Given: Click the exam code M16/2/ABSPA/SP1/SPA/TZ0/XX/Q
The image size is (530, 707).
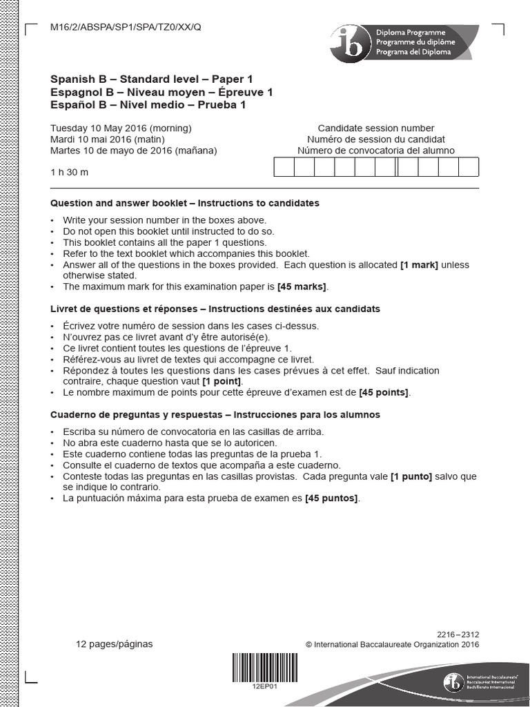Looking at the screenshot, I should (126, 27).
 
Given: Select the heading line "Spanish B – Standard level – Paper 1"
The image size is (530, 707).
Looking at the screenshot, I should (151, 79).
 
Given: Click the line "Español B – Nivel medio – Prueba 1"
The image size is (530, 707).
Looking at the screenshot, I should (148, 105).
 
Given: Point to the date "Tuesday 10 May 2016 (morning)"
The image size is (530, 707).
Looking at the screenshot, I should (121, 128).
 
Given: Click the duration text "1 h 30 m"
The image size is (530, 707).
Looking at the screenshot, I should (70, 172).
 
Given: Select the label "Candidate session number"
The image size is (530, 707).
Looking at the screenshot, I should (376, 128).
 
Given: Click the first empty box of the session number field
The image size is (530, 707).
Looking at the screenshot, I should (284, 168).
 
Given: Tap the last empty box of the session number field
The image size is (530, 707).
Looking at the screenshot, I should (469, 168).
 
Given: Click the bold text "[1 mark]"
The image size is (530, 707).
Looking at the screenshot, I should (419, 264).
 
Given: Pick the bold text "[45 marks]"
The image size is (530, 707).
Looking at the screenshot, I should (302, 287).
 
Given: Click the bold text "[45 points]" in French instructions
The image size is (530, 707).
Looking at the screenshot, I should (384, 393).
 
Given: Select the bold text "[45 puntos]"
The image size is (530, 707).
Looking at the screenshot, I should (331, 498).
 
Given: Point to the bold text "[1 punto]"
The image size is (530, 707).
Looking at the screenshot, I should (411, 476).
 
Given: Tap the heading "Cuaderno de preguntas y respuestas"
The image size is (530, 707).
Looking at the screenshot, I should (137, 415).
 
